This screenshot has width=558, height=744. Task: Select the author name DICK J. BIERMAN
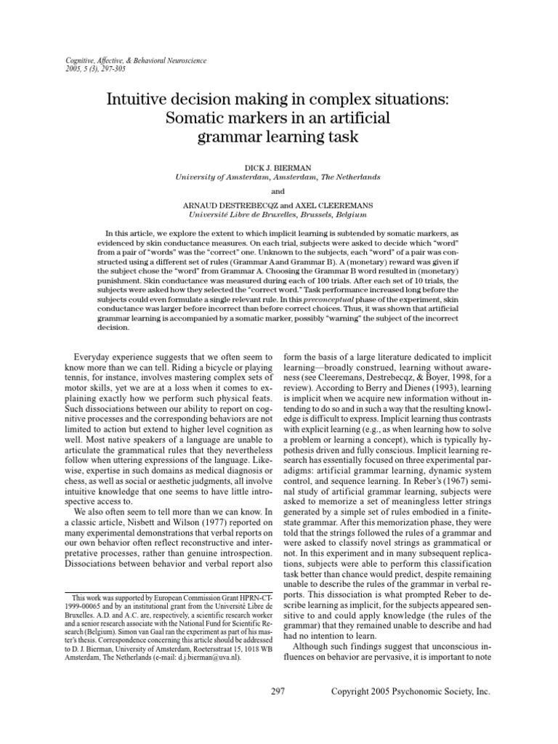[x=278, y=166]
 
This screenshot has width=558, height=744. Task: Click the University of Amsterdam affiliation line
[x=278, y=177]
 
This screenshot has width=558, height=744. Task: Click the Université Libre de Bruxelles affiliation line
[x=278, y=216]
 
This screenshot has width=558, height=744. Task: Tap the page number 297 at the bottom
[x=278, y=712]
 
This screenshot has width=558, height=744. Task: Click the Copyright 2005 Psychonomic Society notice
[x=411, y=712]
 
